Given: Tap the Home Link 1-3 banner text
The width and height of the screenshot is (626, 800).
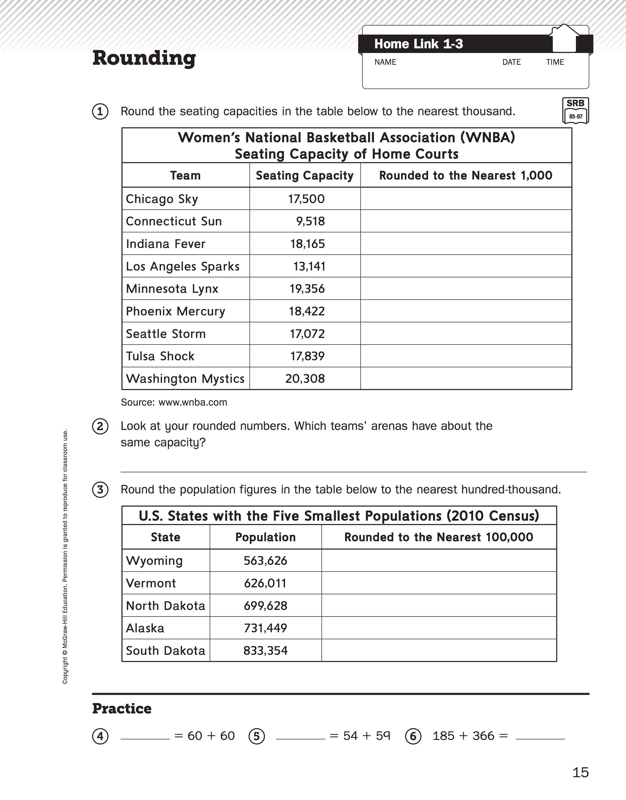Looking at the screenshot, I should (x=418, y=44).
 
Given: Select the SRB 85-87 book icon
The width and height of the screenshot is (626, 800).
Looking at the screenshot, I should (x=575, y=110).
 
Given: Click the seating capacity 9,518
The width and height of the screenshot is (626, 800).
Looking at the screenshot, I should (x=310, y=221).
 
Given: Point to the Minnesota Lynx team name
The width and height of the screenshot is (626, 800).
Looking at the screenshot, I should (x=172, y=289).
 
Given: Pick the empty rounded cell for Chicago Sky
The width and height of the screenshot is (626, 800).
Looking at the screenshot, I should (x=466, y=199).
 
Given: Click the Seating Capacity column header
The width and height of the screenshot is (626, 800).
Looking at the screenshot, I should (x=304, y=175).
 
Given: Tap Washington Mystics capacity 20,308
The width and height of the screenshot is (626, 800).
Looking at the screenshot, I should (x=305, y=378).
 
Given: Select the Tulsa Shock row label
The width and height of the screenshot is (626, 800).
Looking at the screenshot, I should (x=160, y=356).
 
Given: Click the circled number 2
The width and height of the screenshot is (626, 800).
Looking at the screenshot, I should (x=100, y=426).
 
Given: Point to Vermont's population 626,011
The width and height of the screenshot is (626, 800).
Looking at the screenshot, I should (x=265, y=583).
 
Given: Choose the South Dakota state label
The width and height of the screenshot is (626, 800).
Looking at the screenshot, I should (x=165, y=651).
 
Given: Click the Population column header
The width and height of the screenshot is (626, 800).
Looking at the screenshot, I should (x=266, y=537).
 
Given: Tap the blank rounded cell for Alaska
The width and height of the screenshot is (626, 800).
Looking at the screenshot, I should (x=439, y=628).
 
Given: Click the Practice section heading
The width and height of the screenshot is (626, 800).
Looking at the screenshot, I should (x=122, y=709).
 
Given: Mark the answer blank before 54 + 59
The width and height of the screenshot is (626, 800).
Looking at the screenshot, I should (x=300, y=736).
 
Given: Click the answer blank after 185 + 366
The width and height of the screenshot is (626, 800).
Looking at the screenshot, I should (x=540, y=736).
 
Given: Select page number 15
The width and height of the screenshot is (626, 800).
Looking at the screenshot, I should (x=580, y=773).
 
